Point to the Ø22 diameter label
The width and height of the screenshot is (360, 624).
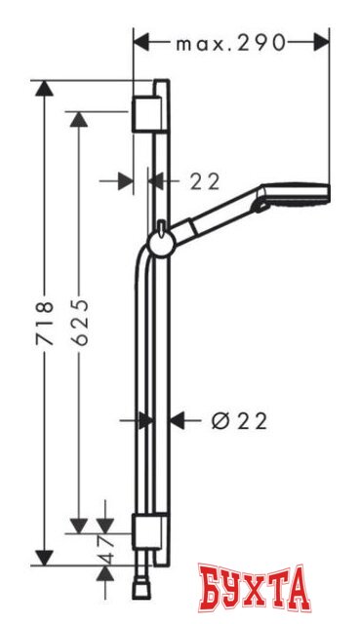coord(238,420)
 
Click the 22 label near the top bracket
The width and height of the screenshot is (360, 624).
coord(205,180)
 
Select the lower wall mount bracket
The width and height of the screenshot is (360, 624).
coord(146,534)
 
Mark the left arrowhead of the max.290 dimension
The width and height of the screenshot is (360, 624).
coord(140,43)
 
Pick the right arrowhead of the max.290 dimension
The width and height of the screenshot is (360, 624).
coord(323,43)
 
